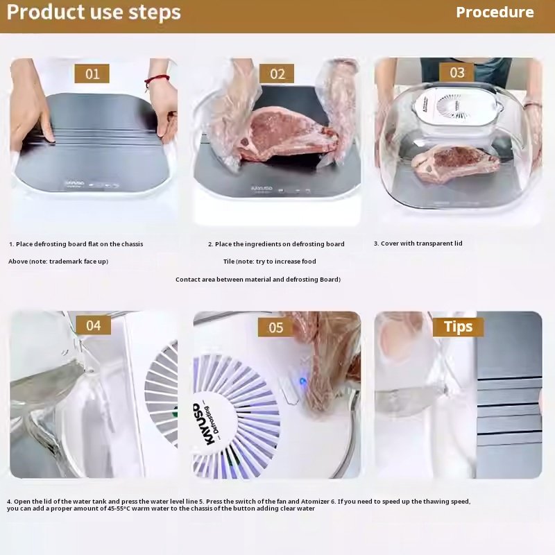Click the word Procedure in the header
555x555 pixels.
pos(495,12)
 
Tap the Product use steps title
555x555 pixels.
pos(94,12)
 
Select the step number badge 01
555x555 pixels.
pos(92,74)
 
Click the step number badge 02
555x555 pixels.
pos(277,74)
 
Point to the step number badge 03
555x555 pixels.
pos(456,73)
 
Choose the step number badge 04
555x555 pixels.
pos(94,325)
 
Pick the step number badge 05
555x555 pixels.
pos(275,327)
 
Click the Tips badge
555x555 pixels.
pos(459,327)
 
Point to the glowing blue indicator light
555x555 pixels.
pos(302,382)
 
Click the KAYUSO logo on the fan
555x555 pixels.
pos(200,424)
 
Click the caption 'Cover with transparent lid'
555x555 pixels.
pos(418,244)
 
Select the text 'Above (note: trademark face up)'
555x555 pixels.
pos(58,262)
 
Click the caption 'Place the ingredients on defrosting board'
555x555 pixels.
pos(276,244)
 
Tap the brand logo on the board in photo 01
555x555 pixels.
pos(74,183)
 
